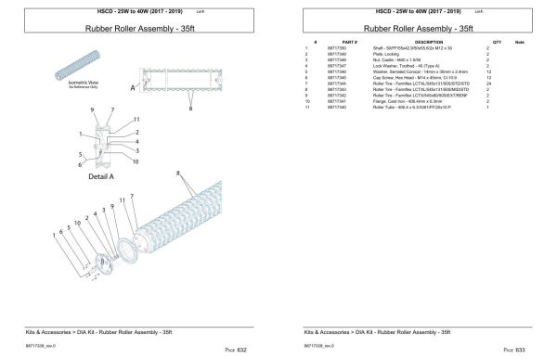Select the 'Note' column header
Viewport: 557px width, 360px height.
(x=519, y=42)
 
